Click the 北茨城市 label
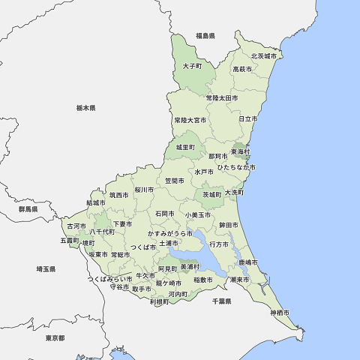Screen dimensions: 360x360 pyautogui.click(x=263, y=56)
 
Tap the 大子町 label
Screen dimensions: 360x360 pyautogui.click(x=193, y=66)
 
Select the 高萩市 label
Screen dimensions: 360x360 pyautogui.click(x=242, y=69)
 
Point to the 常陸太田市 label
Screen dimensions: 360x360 pyautogui.click(x=223, y=97)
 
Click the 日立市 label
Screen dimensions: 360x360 pyautogui.click(x=247, y=118)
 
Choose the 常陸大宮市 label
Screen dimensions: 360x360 pyautogui.click(x=190, y=119)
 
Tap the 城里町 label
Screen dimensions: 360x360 pyautogui.click(x=185, y=147)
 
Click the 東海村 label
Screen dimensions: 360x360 pyautogui.click(x=240, y=151)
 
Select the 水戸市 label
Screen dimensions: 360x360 pyautogui.click(x=204, y=172)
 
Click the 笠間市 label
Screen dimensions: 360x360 pyautogui.click(x=175, y=181)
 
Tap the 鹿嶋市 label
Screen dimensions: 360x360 pyautogui.click(x=248, y=262)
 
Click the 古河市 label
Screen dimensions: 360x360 pyautogui.click(x=76, y=226)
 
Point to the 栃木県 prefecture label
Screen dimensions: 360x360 pyautogui.click(x=85, y=108)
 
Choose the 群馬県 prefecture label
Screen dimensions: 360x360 pyautogui.click(x=28, y=209)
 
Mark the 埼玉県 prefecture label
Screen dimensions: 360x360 pyautogui.click(x=46, y=268)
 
